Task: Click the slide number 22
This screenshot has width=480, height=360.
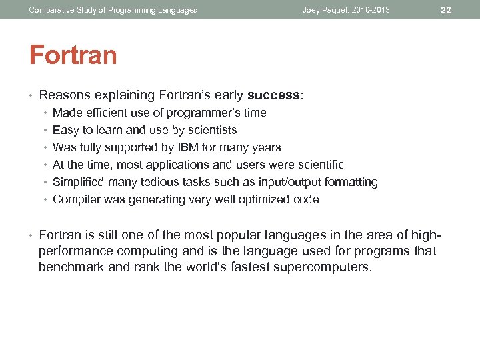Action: click(446, 10)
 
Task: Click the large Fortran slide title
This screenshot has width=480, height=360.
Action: click(73, 55)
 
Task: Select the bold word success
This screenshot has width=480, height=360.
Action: click(274, 95)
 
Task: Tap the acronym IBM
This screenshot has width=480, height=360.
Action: click(187, 147)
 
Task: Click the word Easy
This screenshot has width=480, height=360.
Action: click(65, 130)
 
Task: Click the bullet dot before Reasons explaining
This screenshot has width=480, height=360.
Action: click(32, 95)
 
